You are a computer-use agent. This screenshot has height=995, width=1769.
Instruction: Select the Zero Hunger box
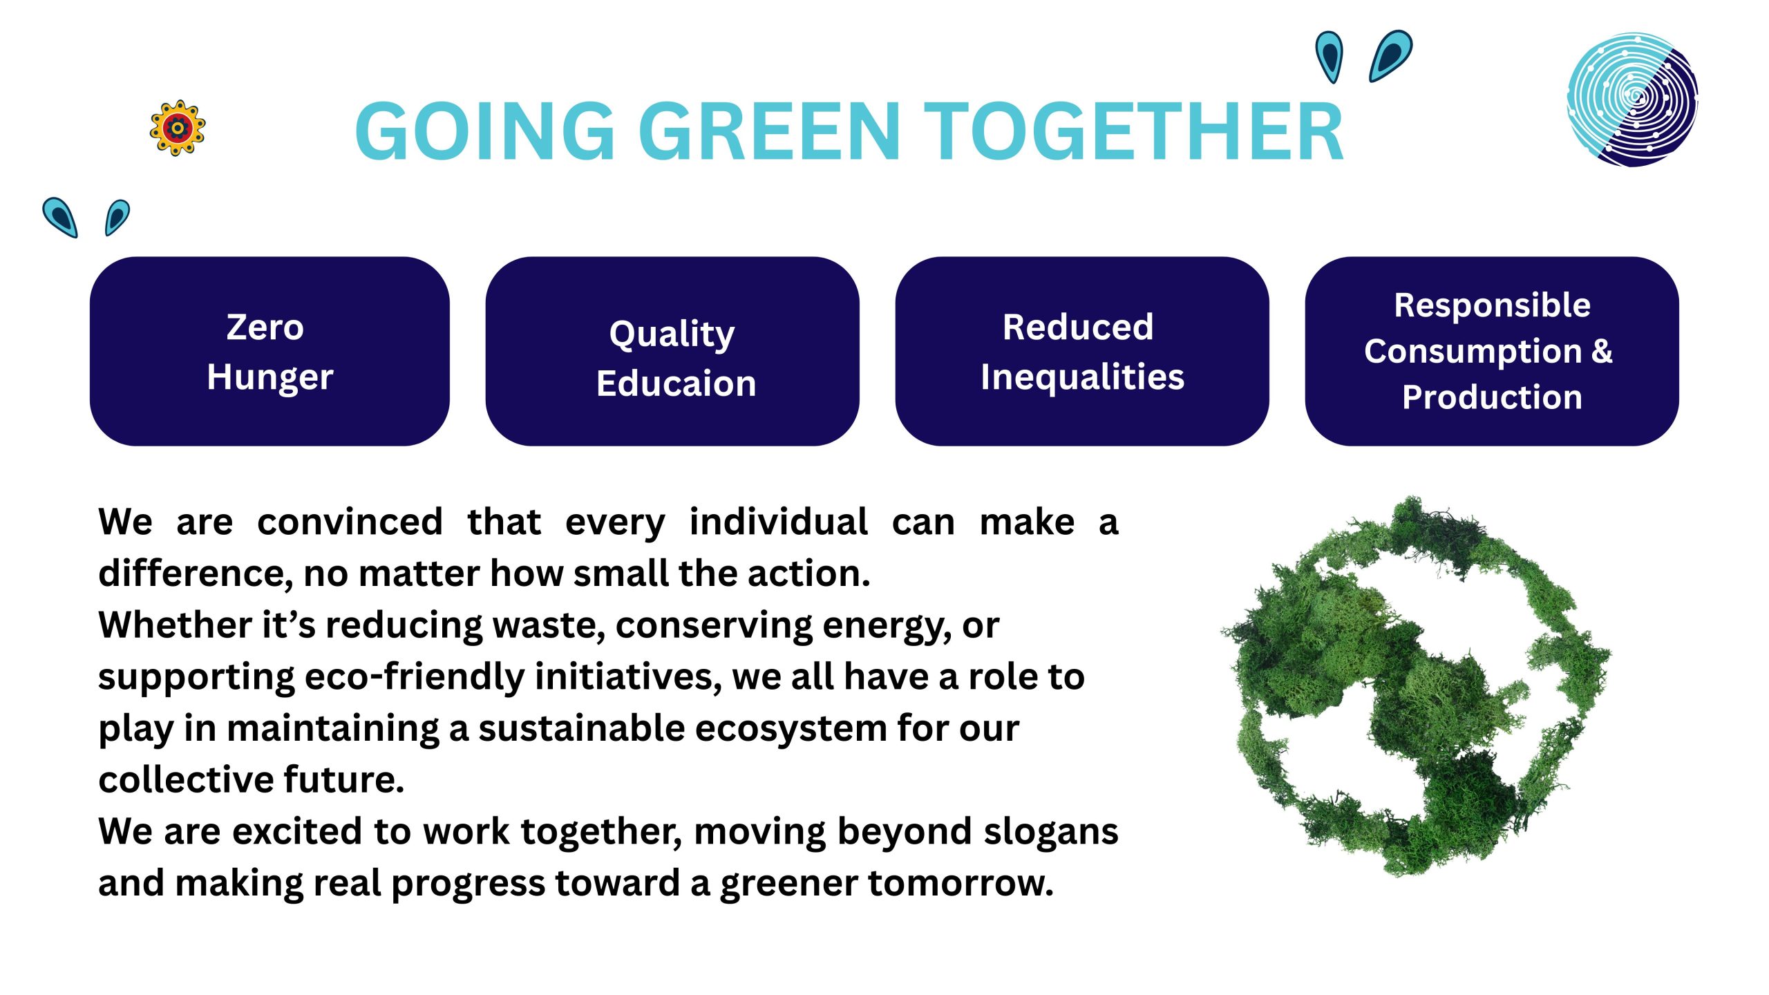[269, 351]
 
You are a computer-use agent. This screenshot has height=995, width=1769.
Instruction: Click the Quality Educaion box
[672, 351]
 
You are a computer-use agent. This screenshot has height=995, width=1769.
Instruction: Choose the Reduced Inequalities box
[1082, 351]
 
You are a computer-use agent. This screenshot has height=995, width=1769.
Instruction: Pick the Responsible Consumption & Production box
[1492, 351]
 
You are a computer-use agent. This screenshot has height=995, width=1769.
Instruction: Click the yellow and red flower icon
[178, 128]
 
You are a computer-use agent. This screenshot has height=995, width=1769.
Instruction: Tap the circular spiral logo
[1632, 99]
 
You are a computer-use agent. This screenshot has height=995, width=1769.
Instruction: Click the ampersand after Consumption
[1601, 351]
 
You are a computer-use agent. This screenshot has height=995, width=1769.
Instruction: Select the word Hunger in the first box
[270, 378]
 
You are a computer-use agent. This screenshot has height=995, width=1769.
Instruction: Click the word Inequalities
[1082, 378]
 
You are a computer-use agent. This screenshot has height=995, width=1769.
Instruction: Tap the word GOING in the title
[484, 131]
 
